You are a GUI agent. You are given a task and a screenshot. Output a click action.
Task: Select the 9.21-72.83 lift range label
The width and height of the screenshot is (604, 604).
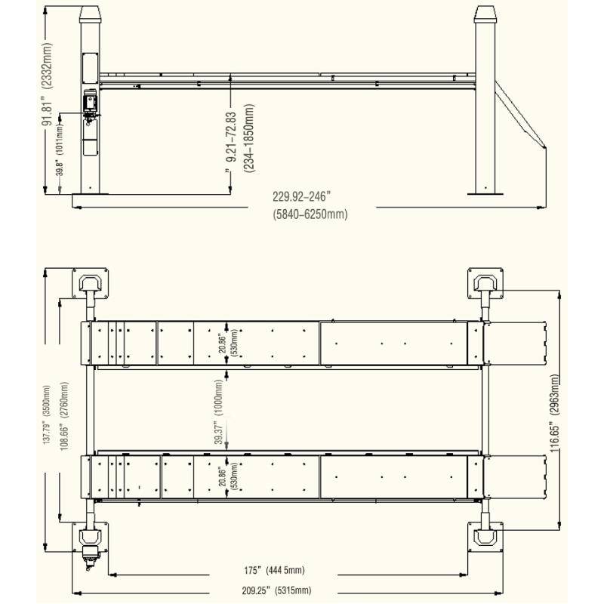tap(241, 136)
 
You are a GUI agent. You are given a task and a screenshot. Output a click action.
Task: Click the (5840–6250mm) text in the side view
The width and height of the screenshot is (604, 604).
tap(310, 214)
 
